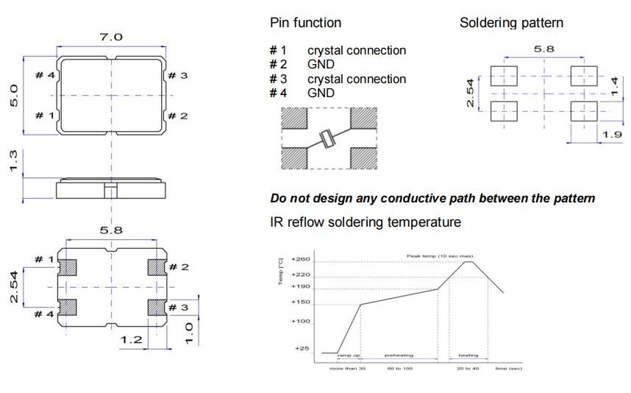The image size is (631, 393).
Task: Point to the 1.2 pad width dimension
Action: coord(132,339)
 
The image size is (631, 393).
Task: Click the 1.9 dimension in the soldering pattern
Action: coord(612,134)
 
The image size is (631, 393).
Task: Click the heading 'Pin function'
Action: coord(305,23)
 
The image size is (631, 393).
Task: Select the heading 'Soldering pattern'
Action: coord(511,23)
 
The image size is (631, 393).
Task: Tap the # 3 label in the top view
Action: coord(177,75)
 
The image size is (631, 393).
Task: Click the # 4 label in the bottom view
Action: coord(45,314)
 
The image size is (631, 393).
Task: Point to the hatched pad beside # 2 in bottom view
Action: coord(155,266)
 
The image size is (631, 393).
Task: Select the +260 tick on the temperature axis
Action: coord(301,260)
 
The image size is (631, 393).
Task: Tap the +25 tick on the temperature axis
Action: coord(302,348)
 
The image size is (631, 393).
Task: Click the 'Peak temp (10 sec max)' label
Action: coord(440,255)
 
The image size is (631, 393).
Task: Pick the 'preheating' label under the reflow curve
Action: coord(399,355)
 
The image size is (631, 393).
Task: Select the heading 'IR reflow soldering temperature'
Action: coord(366,222)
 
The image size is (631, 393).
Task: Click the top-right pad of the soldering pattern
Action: coord(583,75)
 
